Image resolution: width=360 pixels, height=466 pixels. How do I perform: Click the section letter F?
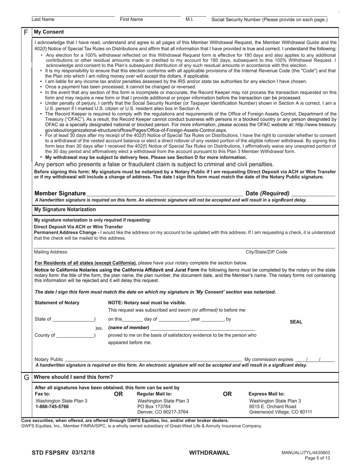coord(26,32)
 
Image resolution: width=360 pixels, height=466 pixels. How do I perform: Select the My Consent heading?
coord(49,32)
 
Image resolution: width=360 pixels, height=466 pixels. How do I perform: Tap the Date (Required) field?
coord(313,193)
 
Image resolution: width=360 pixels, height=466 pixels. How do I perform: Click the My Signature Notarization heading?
coord(65,210)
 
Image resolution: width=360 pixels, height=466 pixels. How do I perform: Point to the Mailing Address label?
coord(50,252)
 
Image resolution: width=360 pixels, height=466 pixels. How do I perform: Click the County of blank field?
coord(75,335)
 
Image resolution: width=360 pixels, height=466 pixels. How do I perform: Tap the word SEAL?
coord(296,322)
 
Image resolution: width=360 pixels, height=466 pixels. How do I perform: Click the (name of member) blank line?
coord(202,328)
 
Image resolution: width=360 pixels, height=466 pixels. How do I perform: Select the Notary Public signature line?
coord(153,360)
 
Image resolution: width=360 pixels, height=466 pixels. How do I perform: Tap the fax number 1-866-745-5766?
coord(52,407)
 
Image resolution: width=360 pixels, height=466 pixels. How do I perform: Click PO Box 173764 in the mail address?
coord(154,407)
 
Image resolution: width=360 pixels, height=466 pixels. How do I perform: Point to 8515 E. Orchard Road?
coord(272,407)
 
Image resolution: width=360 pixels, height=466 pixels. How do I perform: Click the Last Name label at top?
coord(43,20)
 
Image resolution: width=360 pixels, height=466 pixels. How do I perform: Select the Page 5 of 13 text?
coord(318,458)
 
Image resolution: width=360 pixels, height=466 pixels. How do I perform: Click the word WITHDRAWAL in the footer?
coord(209,453)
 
